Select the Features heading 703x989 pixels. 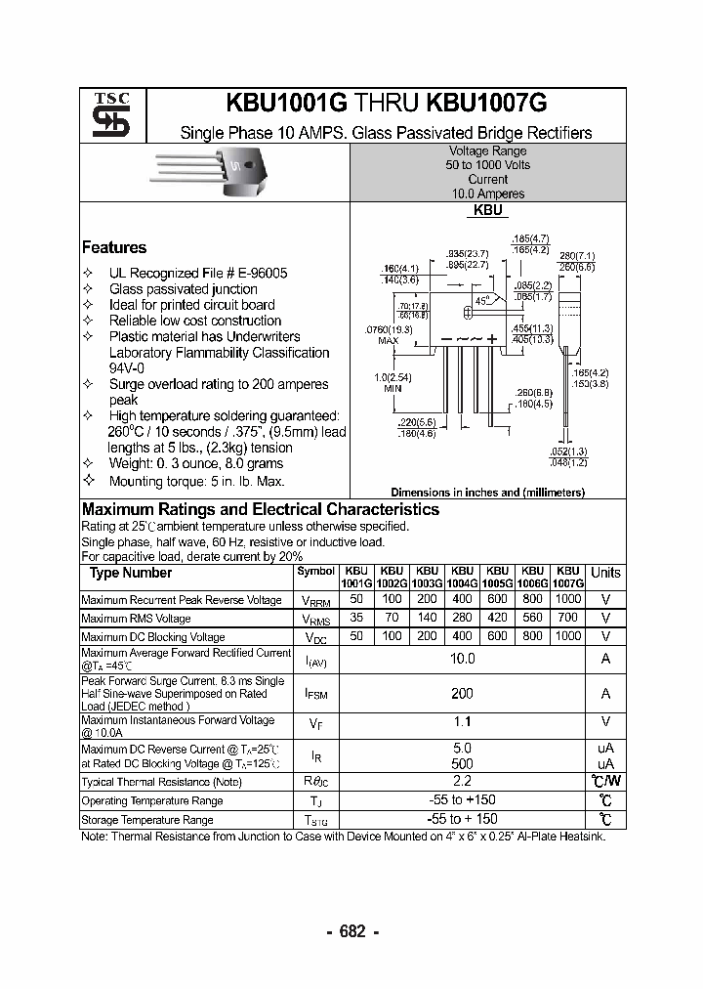coord(114,247)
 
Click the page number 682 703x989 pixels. coord(351,931)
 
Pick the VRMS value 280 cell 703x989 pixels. coord(462,618)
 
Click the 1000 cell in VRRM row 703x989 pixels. coord(567,598)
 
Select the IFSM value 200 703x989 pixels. coord(462,693)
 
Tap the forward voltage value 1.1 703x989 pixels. coord(462,722)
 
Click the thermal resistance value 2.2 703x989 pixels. coord(462,781)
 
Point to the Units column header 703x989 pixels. coord(605,573)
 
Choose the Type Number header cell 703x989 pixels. coord(131,573)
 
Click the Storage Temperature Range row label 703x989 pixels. coord(146,820)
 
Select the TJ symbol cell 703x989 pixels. coord(315,800)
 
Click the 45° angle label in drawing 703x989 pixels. coord(482,301)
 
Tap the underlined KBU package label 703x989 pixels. coord(487,210)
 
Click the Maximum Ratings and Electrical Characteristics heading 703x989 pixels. coord(261,509)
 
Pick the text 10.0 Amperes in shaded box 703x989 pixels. coord(487,193)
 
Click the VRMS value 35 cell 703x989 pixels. coord(356,618)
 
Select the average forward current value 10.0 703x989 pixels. coord(462,659)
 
